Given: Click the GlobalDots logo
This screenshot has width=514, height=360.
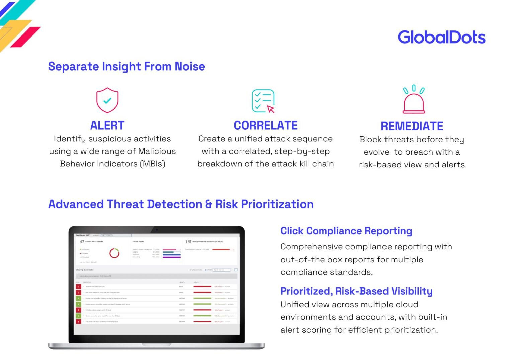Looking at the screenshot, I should [441, 37].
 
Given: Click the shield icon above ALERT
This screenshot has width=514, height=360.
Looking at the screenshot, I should [107, 100].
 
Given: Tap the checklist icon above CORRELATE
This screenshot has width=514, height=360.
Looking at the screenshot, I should [263, 101].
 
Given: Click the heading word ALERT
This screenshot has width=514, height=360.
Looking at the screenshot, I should [107, 125].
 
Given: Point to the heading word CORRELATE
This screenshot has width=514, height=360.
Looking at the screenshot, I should [265, 125].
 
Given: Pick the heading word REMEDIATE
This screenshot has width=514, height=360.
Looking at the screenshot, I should [412, 126].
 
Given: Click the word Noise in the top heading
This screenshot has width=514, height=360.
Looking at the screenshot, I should [190, 66].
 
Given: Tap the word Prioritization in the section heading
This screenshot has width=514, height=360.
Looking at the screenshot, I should [277, 204].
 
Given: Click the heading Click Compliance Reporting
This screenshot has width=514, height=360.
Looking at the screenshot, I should [346, 231].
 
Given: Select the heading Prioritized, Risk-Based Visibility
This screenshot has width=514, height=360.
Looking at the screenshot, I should [356, 291].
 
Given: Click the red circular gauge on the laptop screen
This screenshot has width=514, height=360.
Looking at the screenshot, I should [114, 253].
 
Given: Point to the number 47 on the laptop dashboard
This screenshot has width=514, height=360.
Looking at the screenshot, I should [82, 242].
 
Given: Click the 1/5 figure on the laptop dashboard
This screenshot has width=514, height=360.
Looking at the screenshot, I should [188, 242].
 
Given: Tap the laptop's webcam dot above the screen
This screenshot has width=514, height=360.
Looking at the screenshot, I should [157, 230].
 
